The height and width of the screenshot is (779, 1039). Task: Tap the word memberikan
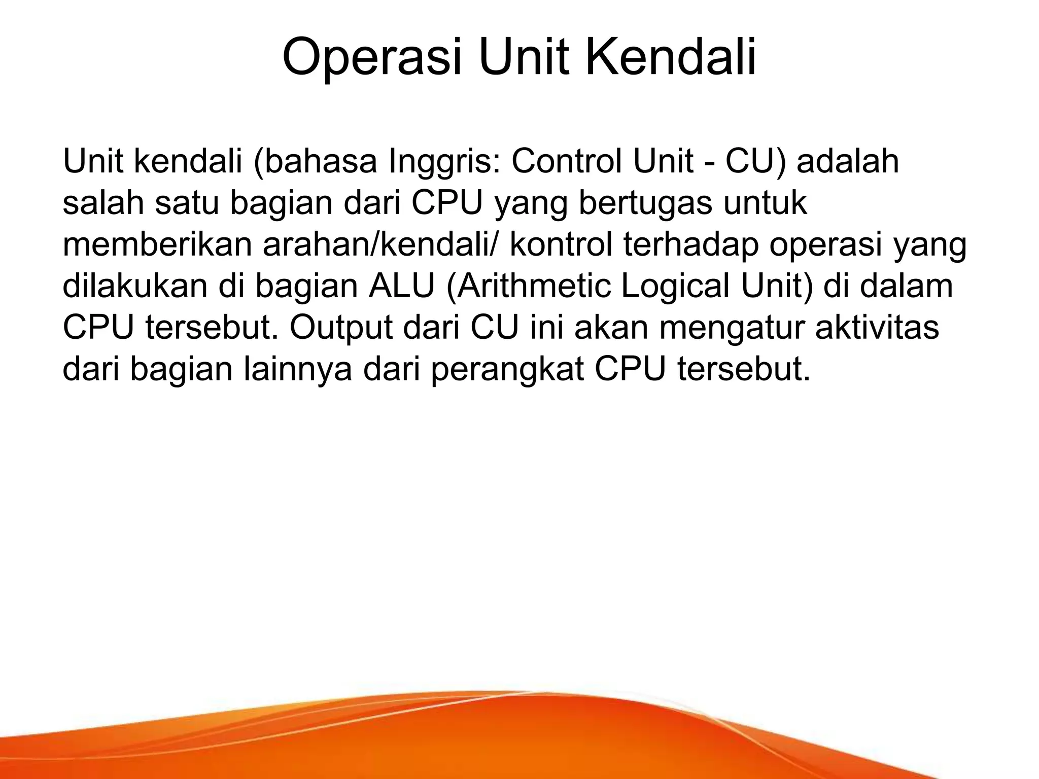click(x=157, y=244)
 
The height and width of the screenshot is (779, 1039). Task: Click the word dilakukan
click(x=135, y=286)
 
